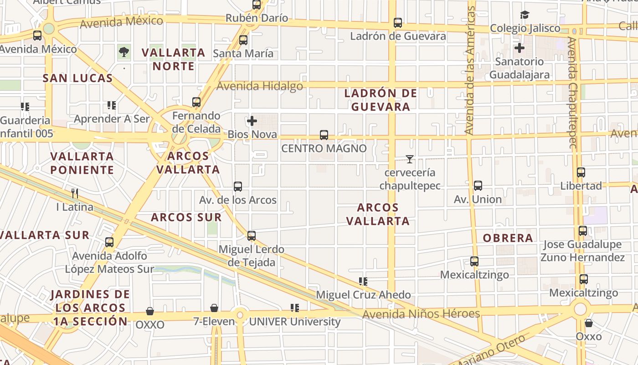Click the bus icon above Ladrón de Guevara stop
point(398,22)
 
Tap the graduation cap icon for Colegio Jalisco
point(525,15)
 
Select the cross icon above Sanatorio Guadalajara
point(519,47)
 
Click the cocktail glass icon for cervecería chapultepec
point(410,159)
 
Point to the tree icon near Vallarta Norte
point(123,52)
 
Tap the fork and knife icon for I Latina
point(75,193)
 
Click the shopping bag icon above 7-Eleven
point(214,308)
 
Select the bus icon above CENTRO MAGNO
point(324,135)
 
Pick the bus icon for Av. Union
point(478,186)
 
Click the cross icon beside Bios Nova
point(252,121)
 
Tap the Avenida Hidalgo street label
point(260,86)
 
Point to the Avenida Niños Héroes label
point(421,314)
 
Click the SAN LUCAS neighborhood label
point(77,78)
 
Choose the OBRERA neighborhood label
point(508,238)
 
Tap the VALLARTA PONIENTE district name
point(82,163)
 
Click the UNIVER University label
point(294,322)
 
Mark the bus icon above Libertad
point(581,172)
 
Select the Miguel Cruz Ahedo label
point(363,295)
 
